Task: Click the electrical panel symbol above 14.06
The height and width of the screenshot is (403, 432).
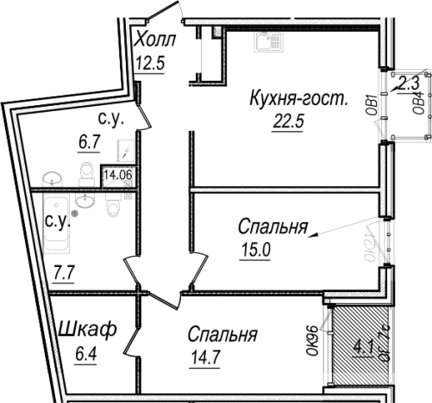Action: coord(125,153)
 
